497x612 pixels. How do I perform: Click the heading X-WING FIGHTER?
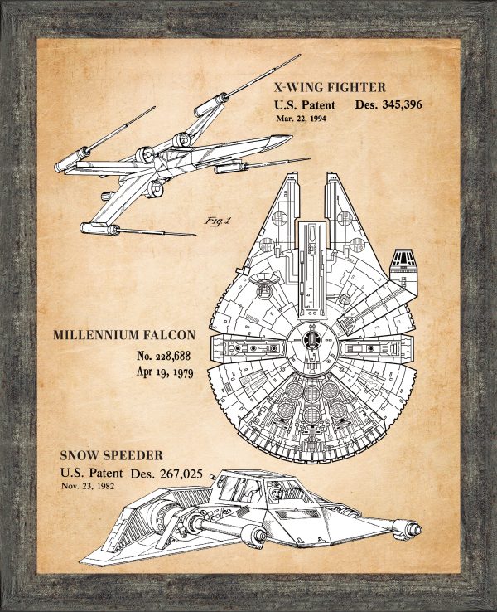coord(330,86)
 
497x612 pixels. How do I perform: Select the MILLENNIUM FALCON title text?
coord(124,335)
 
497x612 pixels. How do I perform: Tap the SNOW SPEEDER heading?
coord(111,455)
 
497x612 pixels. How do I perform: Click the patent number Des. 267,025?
coord(176,473)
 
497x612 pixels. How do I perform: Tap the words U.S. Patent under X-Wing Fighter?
coord(305,105)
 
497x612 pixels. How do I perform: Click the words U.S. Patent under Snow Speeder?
coord(91,473)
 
